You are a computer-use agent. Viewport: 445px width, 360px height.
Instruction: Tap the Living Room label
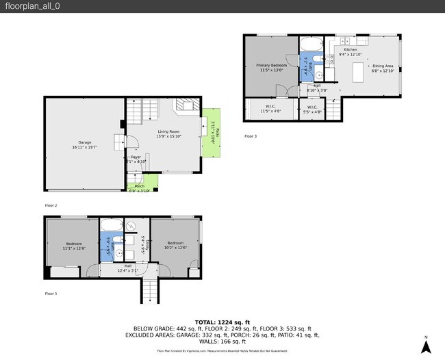point(168,133)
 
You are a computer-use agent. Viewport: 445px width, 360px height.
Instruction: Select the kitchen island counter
point(358,71)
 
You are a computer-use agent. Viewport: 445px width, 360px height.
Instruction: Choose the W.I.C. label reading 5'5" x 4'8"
point(311,108)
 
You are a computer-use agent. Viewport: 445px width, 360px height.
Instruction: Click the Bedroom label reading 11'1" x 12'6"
point(74,246)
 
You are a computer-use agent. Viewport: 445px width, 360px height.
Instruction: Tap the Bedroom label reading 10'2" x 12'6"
point(175,244)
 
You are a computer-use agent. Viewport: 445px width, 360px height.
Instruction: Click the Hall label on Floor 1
point(128,268)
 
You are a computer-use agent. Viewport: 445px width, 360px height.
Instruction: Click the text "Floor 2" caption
point(51,205)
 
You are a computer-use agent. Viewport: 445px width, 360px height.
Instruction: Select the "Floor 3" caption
point(251,136)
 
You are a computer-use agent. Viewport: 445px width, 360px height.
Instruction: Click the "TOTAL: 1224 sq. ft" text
point(222,322)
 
